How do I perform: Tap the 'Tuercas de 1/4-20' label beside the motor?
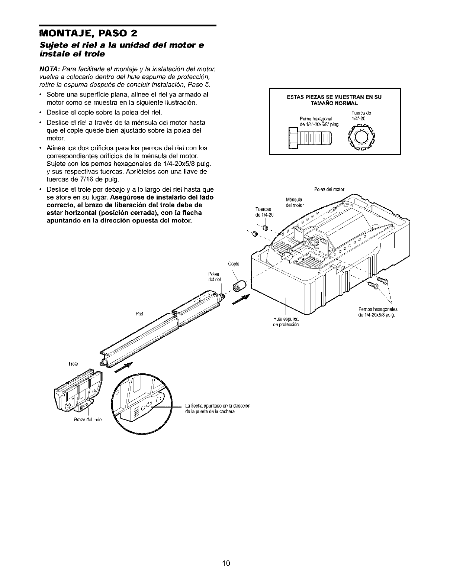click(x=264, y=213)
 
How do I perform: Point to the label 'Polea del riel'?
click(x=215, y=277)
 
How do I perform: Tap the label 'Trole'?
click(x=73, y=364)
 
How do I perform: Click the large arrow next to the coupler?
click(x=242, y=299)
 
